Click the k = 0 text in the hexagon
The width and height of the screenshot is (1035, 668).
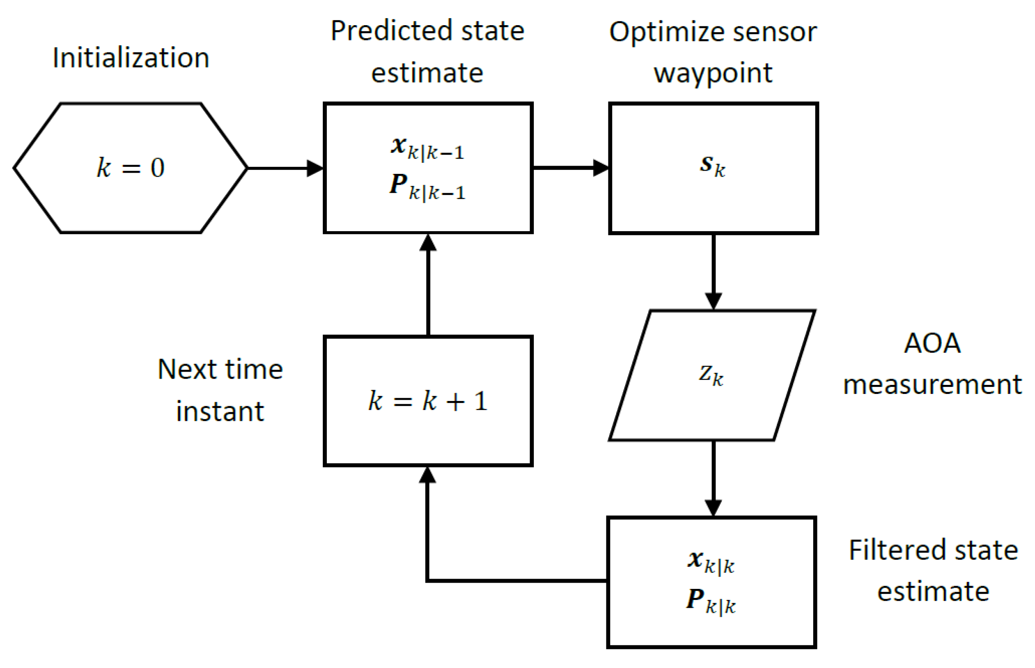[x=130, y=167]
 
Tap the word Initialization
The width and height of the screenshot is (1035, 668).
[x=131, y=58]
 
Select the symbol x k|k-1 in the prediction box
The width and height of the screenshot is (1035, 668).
[x=427, y=148]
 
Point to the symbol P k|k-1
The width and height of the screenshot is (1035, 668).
[x=427, y=187]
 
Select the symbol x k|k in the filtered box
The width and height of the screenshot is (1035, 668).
[x=710, y=561]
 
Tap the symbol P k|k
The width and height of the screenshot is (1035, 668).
[x=710, y=601]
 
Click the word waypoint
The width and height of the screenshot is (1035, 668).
[x=713, y=73]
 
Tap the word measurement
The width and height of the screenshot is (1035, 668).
[x=932, y=384]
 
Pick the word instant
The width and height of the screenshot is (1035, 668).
[x=220, y=411]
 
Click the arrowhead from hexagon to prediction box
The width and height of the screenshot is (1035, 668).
[x=314, y=168]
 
